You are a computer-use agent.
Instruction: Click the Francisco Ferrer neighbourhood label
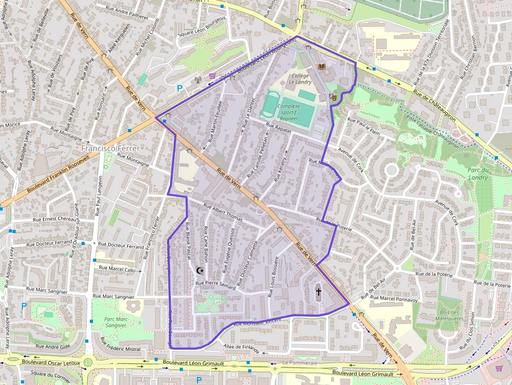click(x=110, y=148)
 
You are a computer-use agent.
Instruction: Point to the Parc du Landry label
click(x=478, y=174)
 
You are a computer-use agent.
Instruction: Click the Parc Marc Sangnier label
click(x=116, y=322)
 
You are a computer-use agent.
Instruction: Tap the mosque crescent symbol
click(x=199, y=270)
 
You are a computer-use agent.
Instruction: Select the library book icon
click(x=321, y=67)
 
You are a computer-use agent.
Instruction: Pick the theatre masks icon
click(x=332, y=97)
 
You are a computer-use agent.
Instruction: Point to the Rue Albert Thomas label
click(x=223, y=213)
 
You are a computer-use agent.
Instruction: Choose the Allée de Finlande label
click(x=241, y=348)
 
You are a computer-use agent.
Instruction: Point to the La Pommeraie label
click(x=299, y=362)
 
